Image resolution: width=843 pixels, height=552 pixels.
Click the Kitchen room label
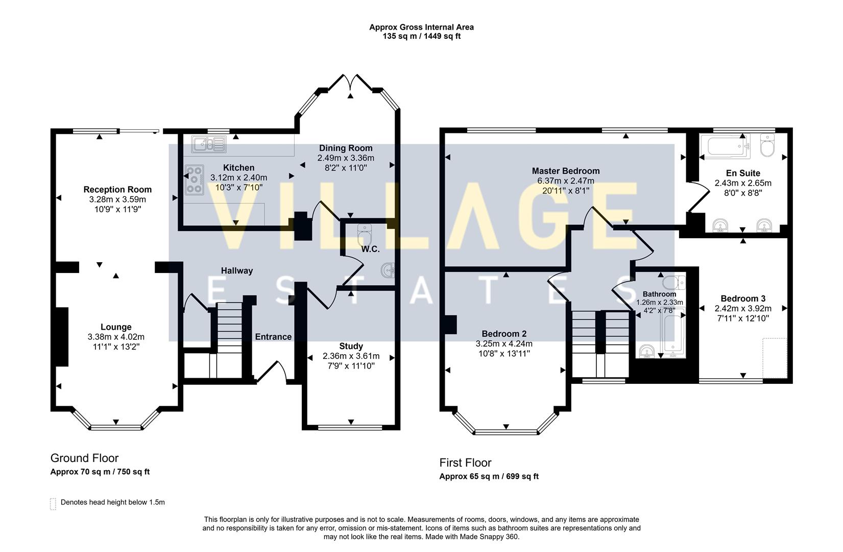238,168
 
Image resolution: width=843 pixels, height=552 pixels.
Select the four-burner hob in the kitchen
195,179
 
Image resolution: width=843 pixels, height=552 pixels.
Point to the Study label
351,346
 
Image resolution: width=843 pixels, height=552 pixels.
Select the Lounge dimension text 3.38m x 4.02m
116,337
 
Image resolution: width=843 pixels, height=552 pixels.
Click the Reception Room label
117,190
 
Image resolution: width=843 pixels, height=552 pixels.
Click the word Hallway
236,271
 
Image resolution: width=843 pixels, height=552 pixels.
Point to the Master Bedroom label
565,171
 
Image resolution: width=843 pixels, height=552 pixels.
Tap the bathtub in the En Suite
724,146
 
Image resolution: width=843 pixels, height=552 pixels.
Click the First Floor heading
465,463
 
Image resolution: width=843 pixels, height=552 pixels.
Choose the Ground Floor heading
84,458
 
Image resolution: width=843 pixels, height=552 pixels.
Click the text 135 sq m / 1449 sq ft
421,36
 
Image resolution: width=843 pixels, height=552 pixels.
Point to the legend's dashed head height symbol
53,503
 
